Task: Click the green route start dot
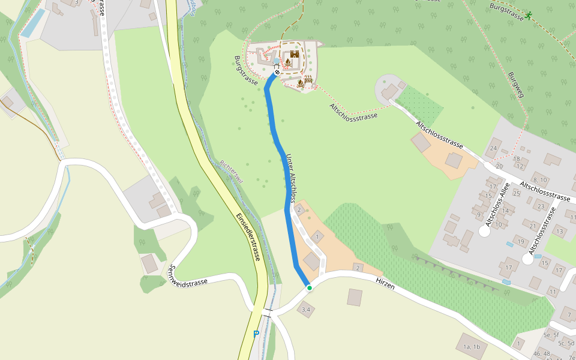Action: tap(310, 288)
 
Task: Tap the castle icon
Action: tap(295, 54)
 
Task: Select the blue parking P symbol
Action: tap(256, 334)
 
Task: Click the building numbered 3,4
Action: tap(306, 310)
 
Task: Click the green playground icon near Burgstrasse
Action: tap(529, 15)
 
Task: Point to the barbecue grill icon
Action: tap(308, 80)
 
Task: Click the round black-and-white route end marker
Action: tap(277, 73)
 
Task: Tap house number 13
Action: tap(559, 230)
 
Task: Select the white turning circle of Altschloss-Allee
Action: tap(484, 231)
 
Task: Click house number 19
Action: tap(520, 242)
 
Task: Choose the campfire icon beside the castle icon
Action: tap(288, 62)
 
